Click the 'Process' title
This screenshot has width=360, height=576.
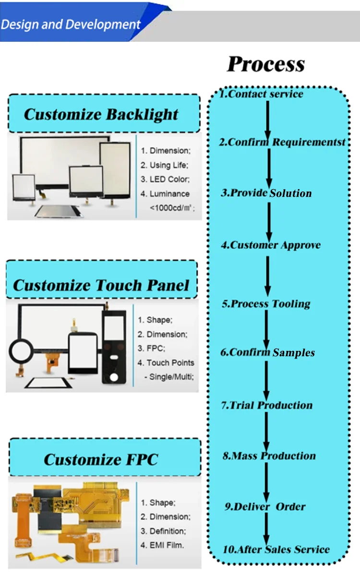(265, 64)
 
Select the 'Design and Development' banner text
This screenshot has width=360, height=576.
(71, 24)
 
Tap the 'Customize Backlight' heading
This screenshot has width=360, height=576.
(101, 114)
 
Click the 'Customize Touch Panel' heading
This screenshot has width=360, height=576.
(101, 285)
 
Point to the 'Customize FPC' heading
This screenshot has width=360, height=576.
(101, 459)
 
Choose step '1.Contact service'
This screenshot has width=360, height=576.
(262, 94)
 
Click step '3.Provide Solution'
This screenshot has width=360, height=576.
(266, 193)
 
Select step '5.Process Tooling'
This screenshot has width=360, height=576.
(266, 303)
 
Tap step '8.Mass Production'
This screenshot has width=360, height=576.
(269, 456)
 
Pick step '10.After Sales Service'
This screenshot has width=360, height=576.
(276, 550)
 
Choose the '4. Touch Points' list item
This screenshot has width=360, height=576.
(166, 363)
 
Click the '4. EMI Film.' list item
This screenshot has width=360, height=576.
(162, 545)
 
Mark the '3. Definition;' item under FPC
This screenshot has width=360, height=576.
(163, 531)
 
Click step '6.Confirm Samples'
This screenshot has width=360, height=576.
(268, 352)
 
